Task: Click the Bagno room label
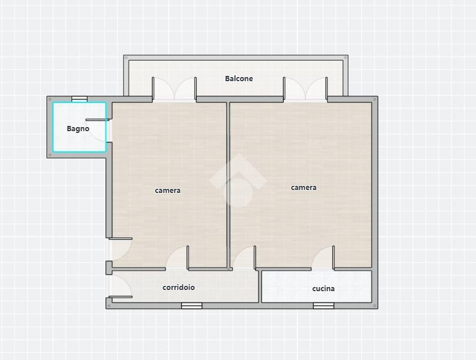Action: [78, 129]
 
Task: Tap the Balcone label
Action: [239, 79]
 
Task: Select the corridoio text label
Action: [179, 288]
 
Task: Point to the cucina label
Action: [323, 289]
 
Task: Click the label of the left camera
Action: [167, 191]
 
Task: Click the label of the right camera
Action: [304, 188]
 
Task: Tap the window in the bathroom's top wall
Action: [79, 99]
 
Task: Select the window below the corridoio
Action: [192, 306]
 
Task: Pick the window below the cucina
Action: [324, 306]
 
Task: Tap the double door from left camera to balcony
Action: [175, 89]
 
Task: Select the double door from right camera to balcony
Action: [306, 89]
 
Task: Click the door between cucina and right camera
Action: [323, 258]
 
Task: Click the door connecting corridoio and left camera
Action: [177, 258]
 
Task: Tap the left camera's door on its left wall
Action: [120, 249]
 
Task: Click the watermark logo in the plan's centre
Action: [237, 181]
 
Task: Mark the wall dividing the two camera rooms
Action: [228, 185]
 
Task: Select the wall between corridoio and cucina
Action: [260, 286]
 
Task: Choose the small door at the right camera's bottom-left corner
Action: [244, 258]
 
